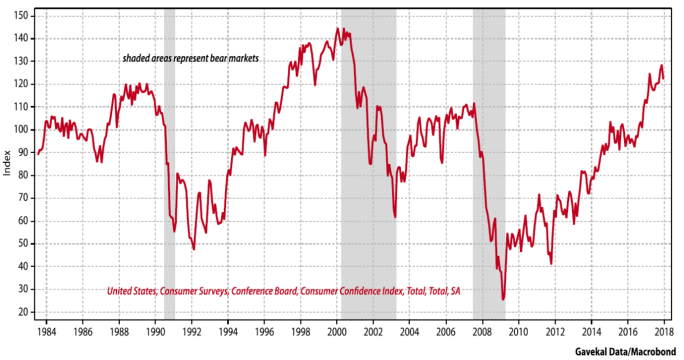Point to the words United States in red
[x=128, y=291]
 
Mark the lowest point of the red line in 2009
[x=503, y=300]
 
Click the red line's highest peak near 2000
[x=338, y=28]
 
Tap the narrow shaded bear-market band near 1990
[x=169, y=168]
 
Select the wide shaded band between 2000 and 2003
[x=368, y=168]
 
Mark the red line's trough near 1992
[x=193, y=249]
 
